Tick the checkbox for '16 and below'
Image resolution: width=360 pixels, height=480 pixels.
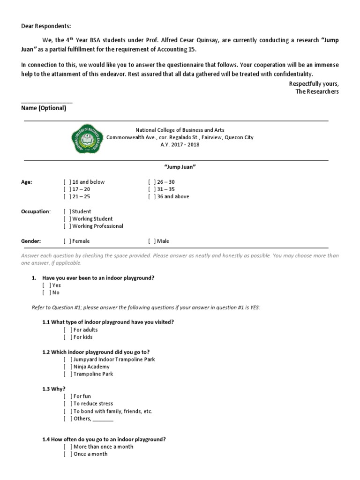coord(67,182)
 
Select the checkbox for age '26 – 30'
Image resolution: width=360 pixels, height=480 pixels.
coord(152,182)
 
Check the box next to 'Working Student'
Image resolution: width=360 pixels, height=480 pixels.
coord(67,219)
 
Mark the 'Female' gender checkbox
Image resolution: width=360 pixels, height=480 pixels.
coord(67,241)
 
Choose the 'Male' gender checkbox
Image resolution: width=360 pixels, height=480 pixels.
coord(152,241)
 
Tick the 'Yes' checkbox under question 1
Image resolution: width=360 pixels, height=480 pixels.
coord(46,285)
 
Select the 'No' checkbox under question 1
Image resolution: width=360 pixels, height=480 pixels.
coord(46,293)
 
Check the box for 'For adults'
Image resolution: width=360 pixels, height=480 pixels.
coord(68,330)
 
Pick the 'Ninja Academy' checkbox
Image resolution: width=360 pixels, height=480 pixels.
coord(68,367)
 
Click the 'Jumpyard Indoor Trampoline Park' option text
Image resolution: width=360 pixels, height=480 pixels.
coord(114,360)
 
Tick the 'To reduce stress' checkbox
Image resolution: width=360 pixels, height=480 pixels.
coord(68,404)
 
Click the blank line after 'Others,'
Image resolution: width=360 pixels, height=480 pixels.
coord(103,419)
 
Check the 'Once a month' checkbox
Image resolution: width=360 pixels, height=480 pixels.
coord(68,454)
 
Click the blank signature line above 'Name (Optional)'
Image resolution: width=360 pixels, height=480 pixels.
coord(47,101)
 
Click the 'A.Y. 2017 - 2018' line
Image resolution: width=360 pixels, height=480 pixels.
coord(180,145)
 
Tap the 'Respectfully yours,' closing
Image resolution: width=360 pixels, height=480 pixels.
coord(314,83)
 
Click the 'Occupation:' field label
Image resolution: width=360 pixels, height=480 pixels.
coord(36,212)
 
